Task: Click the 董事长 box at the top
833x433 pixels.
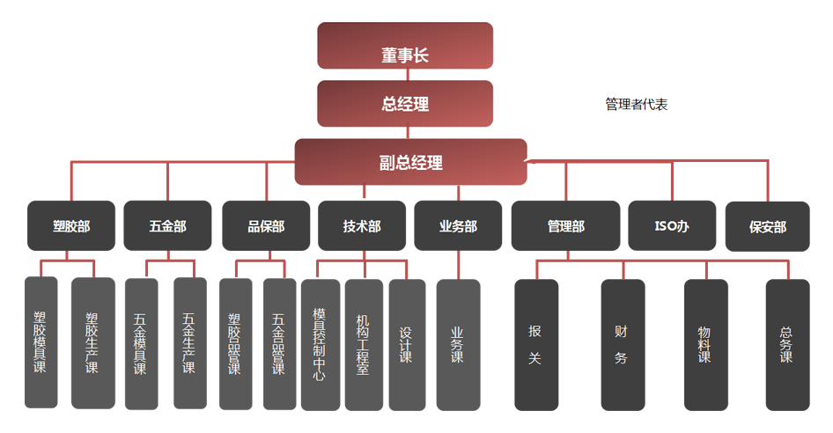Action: [x=405, y=55]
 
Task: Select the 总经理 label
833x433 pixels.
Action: [x=405, y=105]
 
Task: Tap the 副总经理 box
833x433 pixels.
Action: [x=410, y=163]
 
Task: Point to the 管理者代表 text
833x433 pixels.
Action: [x=636, y=105]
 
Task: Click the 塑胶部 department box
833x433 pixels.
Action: [x=71, y=226]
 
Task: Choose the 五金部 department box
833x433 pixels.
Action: [x=167, y=226]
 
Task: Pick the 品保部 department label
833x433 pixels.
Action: [x=266, y=226]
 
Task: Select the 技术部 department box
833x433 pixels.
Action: [x=362, y=226]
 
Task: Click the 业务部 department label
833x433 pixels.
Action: [x=458, y=226]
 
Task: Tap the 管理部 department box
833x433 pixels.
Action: [x=565, y=226]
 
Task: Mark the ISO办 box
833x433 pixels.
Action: [x=672, y=226]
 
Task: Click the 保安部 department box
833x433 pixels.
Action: [x=768, y=226]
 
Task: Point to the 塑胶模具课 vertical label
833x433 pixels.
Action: [x=41, y=342]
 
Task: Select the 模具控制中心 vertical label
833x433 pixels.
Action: [x=319, y=344]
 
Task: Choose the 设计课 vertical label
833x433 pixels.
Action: [x=406, y=345]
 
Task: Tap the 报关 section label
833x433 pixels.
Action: [x=534, y=345]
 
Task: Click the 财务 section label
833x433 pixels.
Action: [x=621, y=345]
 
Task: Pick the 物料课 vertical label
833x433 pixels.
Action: [x=704, y=345]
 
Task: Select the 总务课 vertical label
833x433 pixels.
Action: [x=786, y=345]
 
